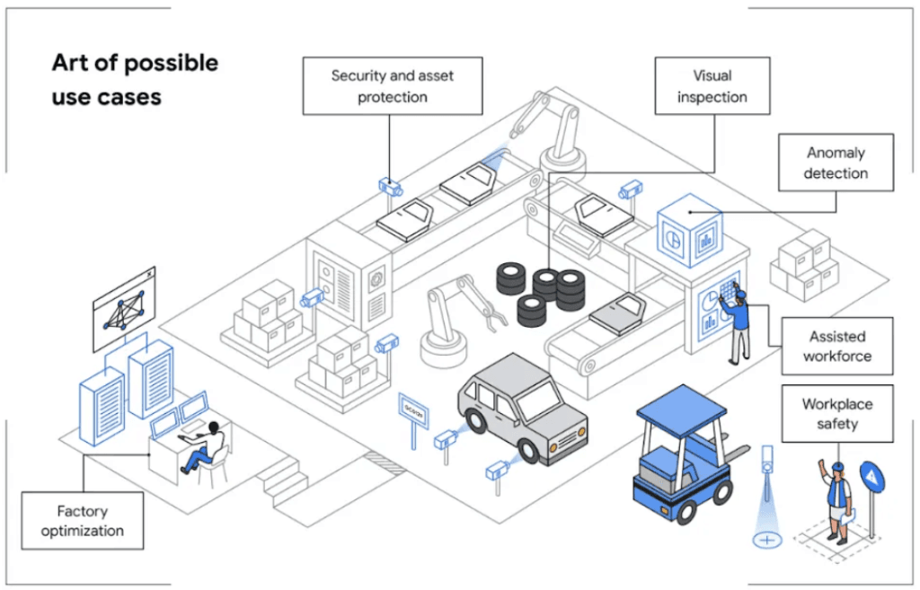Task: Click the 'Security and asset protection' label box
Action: tap(393, 85)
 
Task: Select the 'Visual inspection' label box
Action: tap(712, 85)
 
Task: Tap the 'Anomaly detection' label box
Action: tap(836, 163)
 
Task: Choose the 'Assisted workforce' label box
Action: tap(837, 346)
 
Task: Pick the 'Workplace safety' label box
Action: tap(837, 413)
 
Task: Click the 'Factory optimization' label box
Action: tap(82, 521)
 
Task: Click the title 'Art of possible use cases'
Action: tap(135, 80)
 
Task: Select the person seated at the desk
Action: tap(203, 448)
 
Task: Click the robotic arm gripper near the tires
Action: tap(493, 316)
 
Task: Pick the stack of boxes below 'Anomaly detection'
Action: tap(804, 265)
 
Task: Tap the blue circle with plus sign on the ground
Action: tap(767, 540)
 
